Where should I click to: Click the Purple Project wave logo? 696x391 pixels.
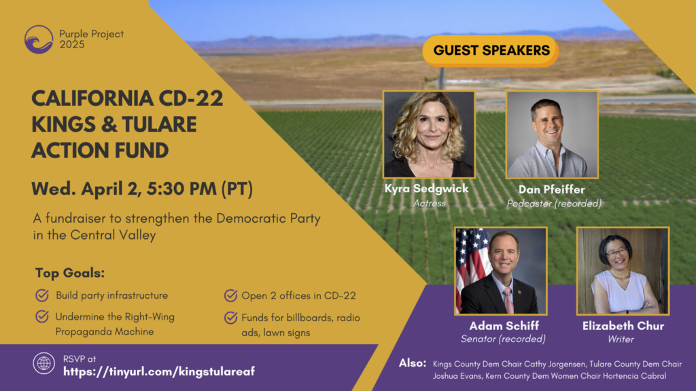point(39,39)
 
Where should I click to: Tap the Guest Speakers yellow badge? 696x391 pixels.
point(491,51)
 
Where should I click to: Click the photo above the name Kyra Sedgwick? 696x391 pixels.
point(430,134)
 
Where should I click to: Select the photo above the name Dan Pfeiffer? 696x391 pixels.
point(552,134)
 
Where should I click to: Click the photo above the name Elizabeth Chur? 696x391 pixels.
point(623,271)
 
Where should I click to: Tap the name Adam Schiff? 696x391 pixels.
point(504,326)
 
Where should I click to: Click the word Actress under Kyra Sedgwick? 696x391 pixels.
point(430,204)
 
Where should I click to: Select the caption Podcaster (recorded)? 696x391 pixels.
point(554,204)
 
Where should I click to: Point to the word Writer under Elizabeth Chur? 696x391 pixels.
point(621,339)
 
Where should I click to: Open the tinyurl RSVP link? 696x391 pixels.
point(159,371)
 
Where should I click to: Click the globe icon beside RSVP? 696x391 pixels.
point(43,364)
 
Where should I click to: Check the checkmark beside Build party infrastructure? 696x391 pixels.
point(42,295)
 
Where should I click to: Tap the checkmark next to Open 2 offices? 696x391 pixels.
point(230,295)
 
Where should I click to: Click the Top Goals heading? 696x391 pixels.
point(70,273)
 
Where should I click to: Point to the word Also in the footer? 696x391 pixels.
point(413,363)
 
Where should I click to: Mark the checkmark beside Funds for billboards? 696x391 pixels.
point(230,318)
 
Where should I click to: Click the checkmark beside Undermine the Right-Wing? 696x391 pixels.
point(42,316)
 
